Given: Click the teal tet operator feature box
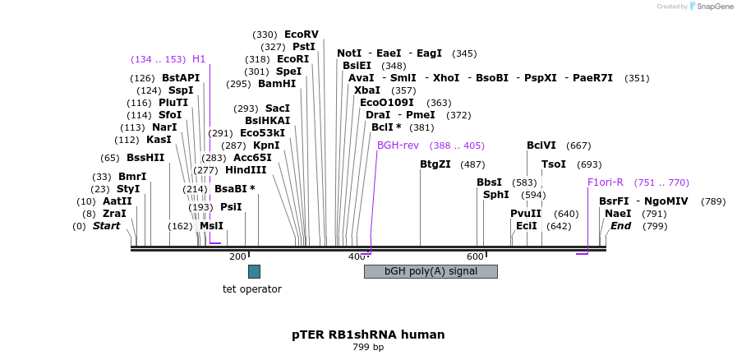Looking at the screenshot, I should (x=254, y=271).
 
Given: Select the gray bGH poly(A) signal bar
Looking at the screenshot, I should (x=431, y=271).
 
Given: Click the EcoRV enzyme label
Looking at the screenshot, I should (x=301, y=35).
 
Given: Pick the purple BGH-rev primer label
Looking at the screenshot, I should (x=398, y=145).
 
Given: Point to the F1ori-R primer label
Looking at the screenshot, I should (x=605, y=182).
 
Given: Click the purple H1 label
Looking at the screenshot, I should (x=199, y=59).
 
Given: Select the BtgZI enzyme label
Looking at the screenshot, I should (x=435, y=164).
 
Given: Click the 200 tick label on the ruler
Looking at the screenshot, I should (x=237, y=257).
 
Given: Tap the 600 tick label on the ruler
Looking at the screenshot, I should (x=476, y=257).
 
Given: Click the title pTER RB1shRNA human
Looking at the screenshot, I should (x=368, y=335).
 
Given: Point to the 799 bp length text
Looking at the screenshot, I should (x=368, y=348).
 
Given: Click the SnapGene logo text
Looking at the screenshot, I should (x=712, y=7).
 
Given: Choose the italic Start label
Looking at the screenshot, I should (x=106, y=226).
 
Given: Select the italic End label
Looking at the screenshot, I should (x=620, y=226).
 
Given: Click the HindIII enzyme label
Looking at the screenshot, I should (x=246, y=170).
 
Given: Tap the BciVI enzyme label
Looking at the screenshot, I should (x=541, y=145).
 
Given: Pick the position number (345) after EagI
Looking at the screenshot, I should (x=464, y=53).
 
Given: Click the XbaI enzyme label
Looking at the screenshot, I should (x=367, y=90).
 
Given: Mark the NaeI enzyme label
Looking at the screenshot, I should (x=618, y=214).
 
